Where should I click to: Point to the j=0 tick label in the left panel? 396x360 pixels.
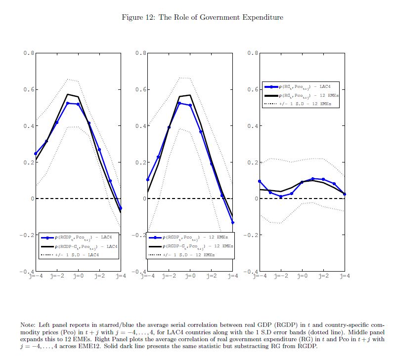point(78,276)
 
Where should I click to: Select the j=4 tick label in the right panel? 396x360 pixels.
point(345,276)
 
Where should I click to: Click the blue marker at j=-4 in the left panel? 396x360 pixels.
point(35,154)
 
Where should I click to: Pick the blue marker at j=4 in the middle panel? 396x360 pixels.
point(232,223)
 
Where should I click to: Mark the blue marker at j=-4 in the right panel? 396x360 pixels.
point(260,181)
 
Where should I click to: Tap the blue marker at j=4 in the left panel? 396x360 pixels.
point(121,208)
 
